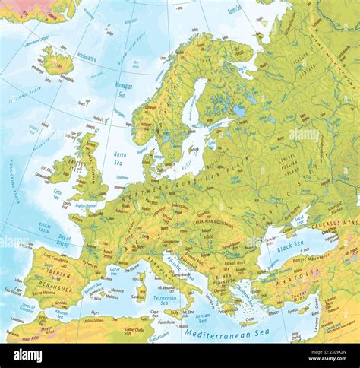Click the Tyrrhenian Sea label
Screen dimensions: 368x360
(x=166, y=298)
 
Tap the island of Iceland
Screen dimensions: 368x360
(x=58, y=62)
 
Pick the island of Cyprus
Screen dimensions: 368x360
(x=293, y=312)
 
